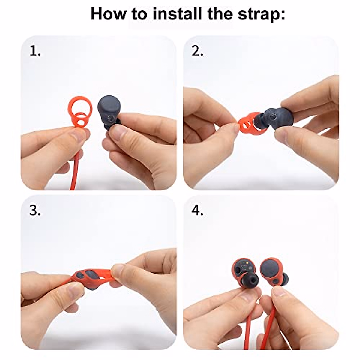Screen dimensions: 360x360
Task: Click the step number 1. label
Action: pos(35,52)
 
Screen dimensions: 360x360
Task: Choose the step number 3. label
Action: pos(35,211)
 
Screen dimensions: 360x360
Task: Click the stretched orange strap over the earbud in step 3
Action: pos(90,277)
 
